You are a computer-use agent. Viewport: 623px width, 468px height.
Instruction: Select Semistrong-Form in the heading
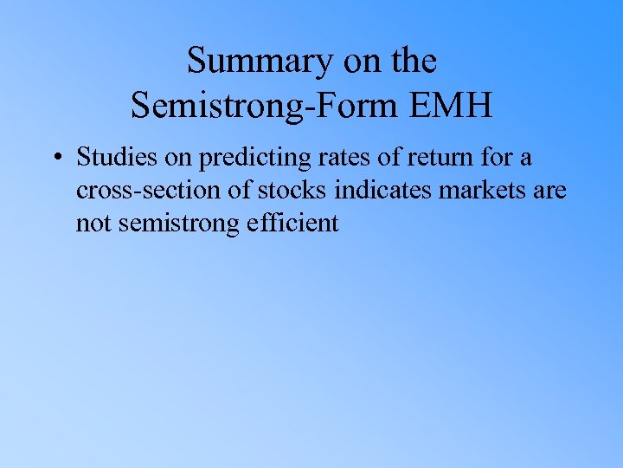pyautogui.click(x=264, y=106)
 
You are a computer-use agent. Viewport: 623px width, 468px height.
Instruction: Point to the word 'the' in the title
pyautogui.click(x=412, y=62)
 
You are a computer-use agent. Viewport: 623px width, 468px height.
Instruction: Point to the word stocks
pyautogui.click(x=293, y=191)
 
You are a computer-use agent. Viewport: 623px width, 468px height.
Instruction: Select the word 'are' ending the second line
pyautogui.click(x=549, y=191)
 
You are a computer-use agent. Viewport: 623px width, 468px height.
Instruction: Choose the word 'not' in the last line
pyautogui.click(x=93, y=223)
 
